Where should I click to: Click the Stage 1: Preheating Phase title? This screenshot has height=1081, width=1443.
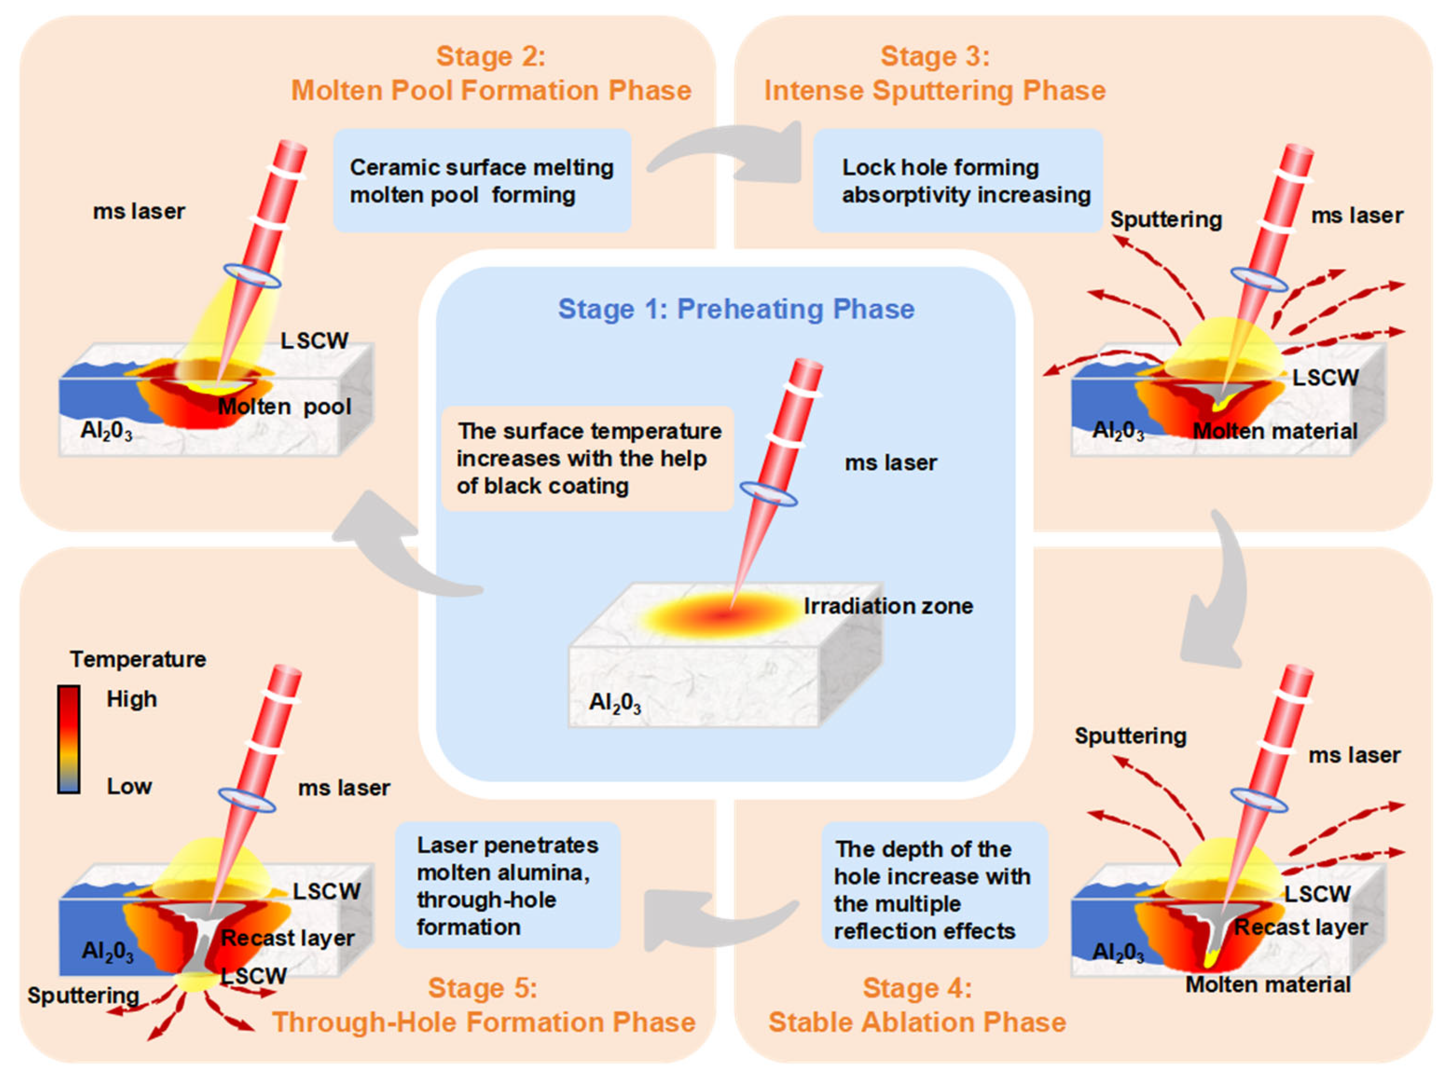pyautogui.click(x=736, y=309)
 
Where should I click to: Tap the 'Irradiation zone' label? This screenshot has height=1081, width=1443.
pyautogui.click(x=888, y=606)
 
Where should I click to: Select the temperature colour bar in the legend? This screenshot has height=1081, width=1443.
pyautogui.click(x=68, y=739)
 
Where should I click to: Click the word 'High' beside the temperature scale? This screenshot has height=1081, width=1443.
pyautogui.click(x=132, y=699)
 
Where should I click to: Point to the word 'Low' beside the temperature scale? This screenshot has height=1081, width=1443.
pyautogui.click(x=129, y=786)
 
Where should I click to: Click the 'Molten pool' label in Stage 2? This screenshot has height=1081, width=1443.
pyautogui.click(x=284, y=407)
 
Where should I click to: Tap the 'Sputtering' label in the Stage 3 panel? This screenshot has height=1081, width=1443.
pyautogui.click(x=1166, y=220)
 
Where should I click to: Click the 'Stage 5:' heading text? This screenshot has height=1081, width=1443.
pyautogui.click(x=483, y=988)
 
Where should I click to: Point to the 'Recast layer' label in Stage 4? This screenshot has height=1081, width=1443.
pyautogui.click(x=1300, y=927)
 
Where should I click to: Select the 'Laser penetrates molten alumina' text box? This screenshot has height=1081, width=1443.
pyautogui.click(x=507, y=885)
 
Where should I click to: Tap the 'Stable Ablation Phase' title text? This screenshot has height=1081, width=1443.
pyautogui.click(x=917, y=1023)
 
